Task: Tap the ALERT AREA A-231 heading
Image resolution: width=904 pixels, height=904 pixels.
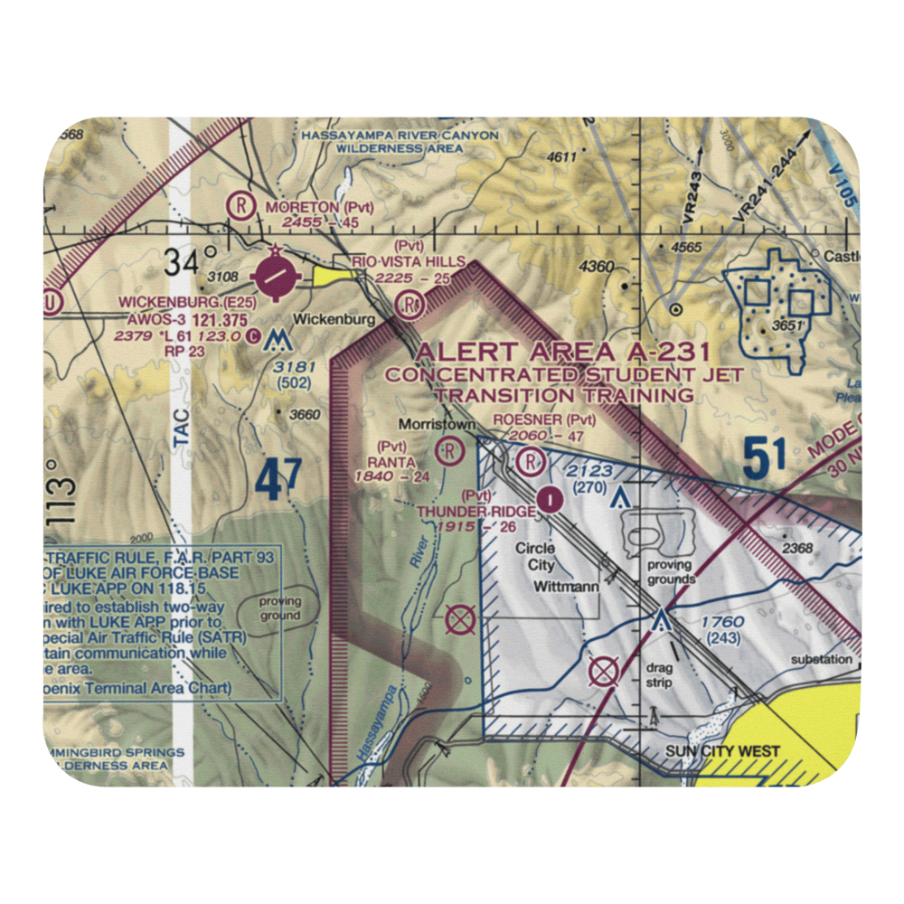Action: click(563, 353)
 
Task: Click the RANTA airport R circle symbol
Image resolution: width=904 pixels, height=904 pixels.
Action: click(448, 449)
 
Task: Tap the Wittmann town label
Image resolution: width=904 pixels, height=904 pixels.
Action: click(566, 587)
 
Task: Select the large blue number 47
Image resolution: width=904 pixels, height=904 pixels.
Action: click(278, 481)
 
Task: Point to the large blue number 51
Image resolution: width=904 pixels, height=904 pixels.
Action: click(765, 457)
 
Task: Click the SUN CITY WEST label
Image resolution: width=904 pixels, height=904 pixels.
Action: click(735, 751)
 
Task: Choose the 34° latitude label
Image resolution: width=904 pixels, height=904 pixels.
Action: click(192, 262)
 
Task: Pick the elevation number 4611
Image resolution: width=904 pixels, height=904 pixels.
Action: click(561, 157)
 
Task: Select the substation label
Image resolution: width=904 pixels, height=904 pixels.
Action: click(822, 659)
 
